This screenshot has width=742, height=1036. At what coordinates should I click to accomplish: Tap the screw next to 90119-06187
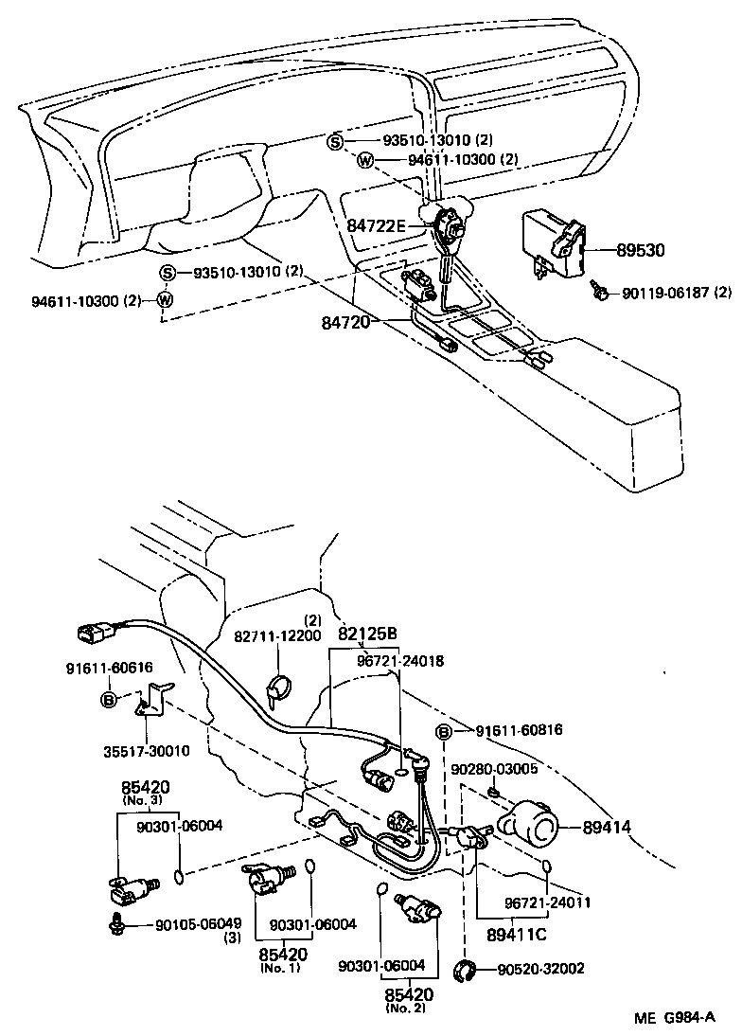pyautogui.click(x=599, y=291)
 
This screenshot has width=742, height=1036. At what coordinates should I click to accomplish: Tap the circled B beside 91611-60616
pyautogui.click(x=110, y=700)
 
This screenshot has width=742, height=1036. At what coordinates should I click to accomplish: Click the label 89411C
pyautogui.click(x=517, y=935)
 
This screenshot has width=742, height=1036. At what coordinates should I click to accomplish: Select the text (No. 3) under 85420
pyautogui.click(x=145, y=800)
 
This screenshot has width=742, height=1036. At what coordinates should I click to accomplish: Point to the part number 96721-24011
pyautogui.click(x=547, y=902)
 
